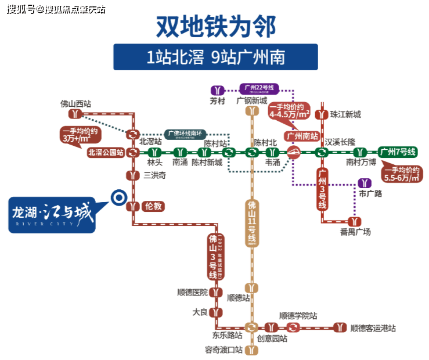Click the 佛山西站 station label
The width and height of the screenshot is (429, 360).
(76, 104)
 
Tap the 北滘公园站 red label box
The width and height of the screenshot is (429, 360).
(106, 153)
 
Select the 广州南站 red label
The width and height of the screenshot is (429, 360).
(302, 136)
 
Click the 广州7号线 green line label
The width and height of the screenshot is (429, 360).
(398, 152)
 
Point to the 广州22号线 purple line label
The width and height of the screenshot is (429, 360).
(259, 89)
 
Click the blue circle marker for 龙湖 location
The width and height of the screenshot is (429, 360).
(118, 198)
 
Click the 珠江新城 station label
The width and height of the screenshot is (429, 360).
(345, 114)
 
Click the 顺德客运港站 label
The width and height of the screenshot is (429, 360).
(373, 328)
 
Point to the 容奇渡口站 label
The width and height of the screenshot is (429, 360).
(223, 350)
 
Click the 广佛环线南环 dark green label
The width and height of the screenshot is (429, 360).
(185, 134)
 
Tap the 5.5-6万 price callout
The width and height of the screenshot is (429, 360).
(400, 174)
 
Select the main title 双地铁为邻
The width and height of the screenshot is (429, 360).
(215, 26)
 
